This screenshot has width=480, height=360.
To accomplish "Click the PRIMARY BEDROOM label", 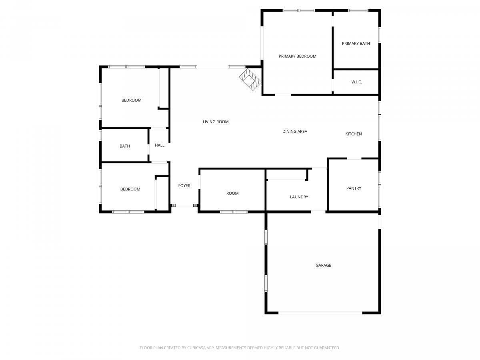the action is tap(297, 56).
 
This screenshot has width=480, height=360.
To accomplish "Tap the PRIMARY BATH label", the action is tap(356, 44).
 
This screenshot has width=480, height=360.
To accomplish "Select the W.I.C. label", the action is tap(356, 82).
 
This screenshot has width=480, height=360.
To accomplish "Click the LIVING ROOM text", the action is tap(215, 122).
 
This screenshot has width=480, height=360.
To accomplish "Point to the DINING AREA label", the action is tap(294, 131).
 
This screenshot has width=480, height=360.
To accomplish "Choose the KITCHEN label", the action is tap(353, 134).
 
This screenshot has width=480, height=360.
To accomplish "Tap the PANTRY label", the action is tap(354, 188).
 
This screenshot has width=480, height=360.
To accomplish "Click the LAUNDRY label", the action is tap(299, 197).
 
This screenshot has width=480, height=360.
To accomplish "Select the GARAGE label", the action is tap(323, 265).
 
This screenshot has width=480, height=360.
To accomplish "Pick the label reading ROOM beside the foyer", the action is tap(232, 194).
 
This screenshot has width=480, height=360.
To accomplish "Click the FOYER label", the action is tap(184, 186).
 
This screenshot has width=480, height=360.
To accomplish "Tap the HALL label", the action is tap(160, 145).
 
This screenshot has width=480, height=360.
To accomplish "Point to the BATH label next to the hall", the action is tap(125, 146).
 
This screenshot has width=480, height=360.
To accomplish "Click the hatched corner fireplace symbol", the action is tap(250, 79).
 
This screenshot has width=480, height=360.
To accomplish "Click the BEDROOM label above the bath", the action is tap(131, 100).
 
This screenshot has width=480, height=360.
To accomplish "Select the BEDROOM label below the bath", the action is tap(130, 189).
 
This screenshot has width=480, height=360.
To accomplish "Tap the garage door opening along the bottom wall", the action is tap(320, 313).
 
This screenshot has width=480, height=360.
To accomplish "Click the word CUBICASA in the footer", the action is tap(196, 348).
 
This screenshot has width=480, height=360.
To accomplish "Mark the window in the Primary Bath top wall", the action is tap(358, 10).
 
